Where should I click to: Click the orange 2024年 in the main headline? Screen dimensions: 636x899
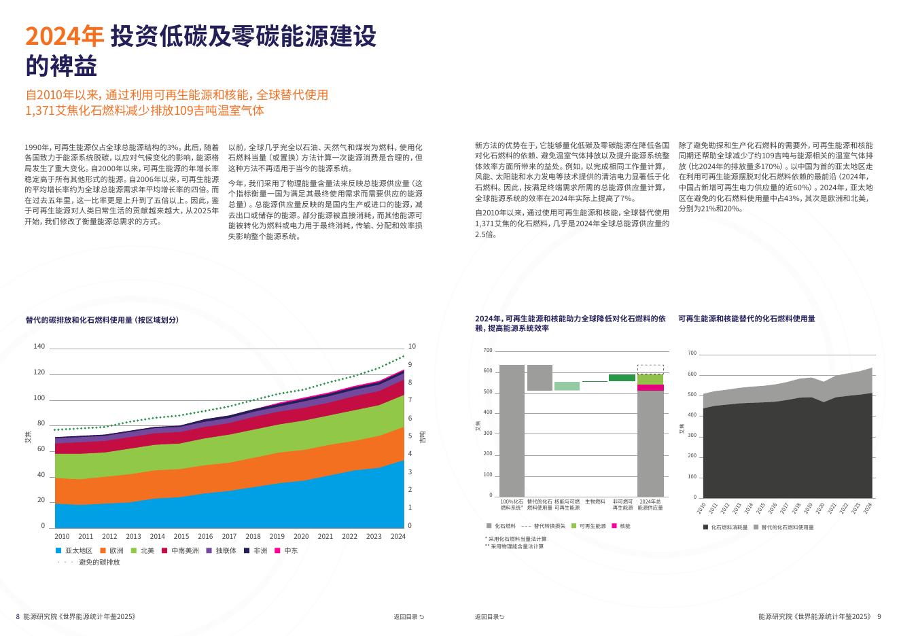click(64, 36)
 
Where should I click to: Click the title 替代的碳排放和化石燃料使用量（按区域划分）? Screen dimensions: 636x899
click(102, 319)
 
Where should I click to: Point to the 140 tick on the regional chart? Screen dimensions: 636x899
click(39, 347)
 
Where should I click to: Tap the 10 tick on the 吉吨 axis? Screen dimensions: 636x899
click(412, 347)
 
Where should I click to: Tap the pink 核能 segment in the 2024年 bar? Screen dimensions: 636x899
click(650, 387)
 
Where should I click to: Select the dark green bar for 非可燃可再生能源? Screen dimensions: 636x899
click(622, 378)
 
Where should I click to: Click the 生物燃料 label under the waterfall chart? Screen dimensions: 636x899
click(595, 501)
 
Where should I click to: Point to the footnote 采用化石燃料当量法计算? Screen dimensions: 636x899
click(516, 539)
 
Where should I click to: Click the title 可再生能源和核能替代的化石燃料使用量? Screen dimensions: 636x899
click(746, 319)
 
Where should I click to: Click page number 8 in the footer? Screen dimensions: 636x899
click(18, 617)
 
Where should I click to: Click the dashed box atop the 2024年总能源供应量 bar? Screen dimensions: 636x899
click(650, 369)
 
